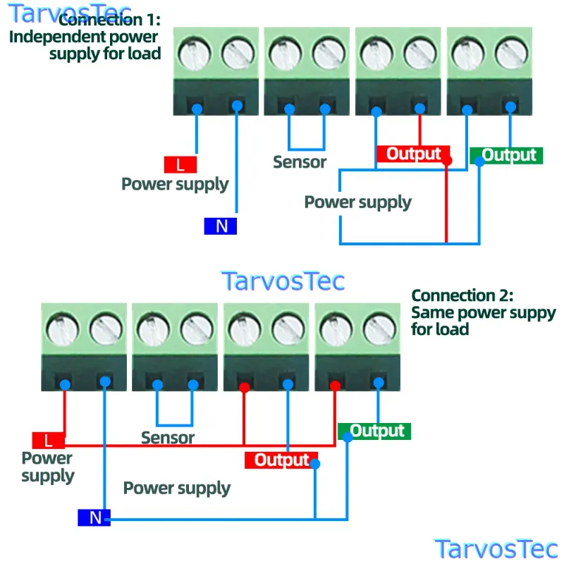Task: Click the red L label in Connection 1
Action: (180, 165)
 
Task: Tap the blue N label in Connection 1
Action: (220, 226)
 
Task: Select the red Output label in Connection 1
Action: (413, 154)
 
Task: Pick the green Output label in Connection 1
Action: (506, 155)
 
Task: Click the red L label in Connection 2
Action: (49, 441)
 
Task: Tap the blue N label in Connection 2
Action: (94, 517)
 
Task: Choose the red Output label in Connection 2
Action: (281, 460)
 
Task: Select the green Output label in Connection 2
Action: (374, 431)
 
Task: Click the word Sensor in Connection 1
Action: (300, 162)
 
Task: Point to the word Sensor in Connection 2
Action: (168, 438)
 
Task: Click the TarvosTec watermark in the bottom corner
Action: (496, 549)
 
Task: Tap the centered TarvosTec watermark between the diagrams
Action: (283, 281)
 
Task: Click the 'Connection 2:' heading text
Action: (462, 295)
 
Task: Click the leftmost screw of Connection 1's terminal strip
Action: (195, 54)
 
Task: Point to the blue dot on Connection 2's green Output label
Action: (348, 437)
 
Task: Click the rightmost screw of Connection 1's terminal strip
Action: (512, 54)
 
